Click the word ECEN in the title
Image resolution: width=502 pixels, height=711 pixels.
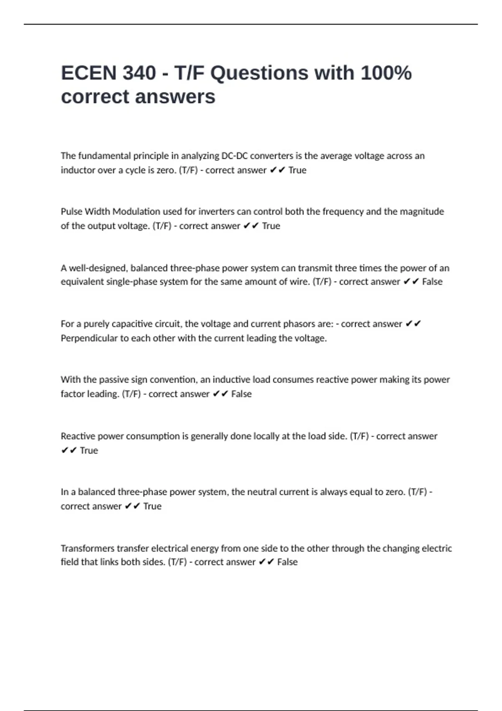88,73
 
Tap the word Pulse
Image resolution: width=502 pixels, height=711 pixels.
72,212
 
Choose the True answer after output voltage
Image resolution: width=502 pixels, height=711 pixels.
271,226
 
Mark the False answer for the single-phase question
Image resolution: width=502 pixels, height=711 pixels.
432,282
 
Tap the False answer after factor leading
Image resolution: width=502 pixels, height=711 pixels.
241,394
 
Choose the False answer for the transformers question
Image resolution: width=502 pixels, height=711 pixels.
287,562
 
